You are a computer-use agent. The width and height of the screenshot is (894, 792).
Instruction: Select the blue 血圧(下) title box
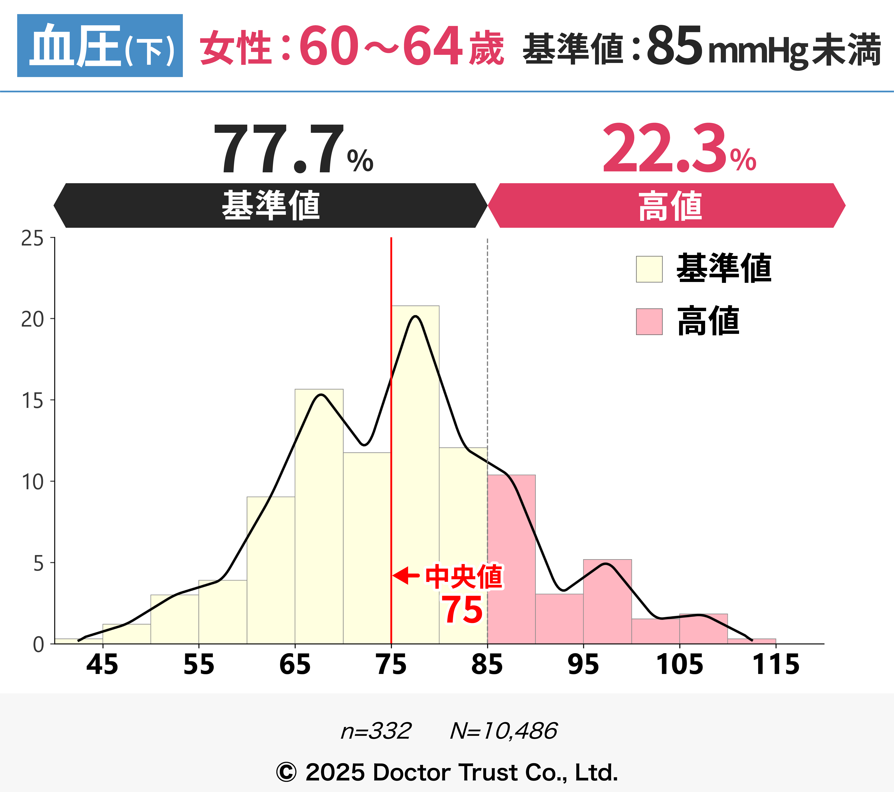click(x=100, y=45)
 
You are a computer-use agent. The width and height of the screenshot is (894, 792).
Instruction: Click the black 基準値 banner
click(x=270, y=205)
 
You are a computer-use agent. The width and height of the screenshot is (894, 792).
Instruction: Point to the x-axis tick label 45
click(x=102, y=665)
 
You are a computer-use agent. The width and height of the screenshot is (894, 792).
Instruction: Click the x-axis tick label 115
click(x=775, y=665)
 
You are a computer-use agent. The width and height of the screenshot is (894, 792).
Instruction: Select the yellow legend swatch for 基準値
click(x=649, y=269)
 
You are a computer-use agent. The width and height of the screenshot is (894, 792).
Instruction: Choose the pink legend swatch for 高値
click(x=649, y=322)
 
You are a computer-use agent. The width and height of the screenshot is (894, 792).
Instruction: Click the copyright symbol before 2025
click(x=286, y=772)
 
